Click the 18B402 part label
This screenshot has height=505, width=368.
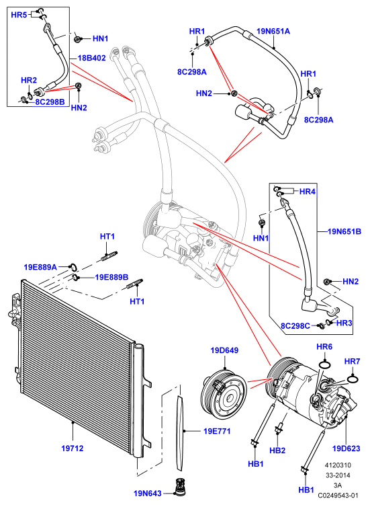pos(92,59)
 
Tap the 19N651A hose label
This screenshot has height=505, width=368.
pos(273,31)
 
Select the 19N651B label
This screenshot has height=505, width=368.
pos(344,231)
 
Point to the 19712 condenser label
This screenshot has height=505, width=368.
pos(73,448)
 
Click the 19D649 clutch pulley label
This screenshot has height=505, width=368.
pos(224,350)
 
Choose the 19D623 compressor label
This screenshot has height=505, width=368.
pos(346,449)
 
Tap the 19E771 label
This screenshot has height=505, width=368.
pos(217,431)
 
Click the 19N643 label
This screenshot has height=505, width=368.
pos(148,493)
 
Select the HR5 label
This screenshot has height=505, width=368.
pos(19,15)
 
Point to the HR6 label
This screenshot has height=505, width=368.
pos(324,346)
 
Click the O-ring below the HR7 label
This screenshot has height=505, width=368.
pos(353,380)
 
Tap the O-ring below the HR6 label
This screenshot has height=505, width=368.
pos(325,365)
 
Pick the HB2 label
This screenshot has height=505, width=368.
pos(277,451)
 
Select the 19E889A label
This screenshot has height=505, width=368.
pos(40,267)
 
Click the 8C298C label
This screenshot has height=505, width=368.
pos(295,326)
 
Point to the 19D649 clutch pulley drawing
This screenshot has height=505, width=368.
pos(224,393)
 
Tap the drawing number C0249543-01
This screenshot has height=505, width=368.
pos(338,495)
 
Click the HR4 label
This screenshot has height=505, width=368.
pos(307,192)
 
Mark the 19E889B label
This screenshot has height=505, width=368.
pos(111,277)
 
